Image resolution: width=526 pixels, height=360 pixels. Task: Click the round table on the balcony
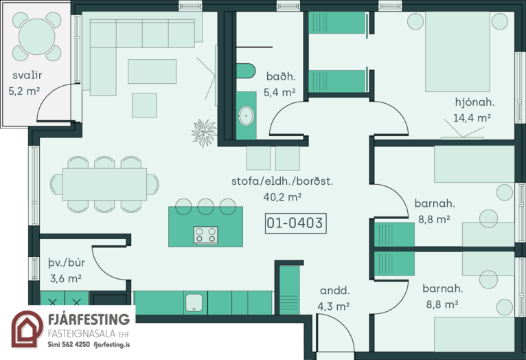point(37,36)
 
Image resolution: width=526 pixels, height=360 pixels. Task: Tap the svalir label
point(27,75)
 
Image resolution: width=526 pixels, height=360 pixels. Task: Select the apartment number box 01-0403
point(295,223)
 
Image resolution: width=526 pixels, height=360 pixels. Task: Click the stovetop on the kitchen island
point(205,235)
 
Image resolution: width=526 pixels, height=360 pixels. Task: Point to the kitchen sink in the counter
point(194,302)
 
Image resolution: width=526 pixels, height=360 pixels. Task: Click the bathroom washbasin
point(247,115)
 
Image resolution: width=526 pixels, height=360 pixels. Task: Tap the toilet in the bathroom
point(246,71)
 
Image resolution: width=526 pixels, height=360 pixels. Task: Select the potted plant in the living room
point(204,133)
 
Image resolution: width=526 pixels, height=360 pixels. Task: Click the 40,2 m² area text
point(282,197)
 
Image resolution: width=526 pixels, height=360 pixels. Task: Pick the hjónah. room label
point(474,102)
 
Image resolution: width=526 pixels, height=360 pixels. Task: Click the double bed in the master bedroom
point(457,52)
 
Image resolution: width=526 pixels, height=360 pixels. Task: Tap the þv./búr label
point(67,262)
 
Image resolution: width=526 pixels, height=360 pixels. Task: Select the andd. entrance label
point(335,291)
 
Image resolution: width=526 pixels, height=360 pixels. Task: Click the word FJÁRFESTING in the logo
point(89,319)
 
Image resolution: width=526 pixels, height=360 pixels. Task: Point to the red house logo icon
point(27,329)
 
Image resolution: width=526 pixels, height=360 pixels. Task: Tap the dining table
point(104,184)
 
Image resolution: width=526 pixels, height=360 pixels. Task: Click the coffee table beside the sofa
point(152,71)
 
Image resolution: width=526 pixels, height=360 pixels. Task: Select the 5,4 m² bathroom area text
point(279,93)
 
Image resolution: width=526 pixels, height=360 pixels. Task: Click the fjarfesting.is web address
point(112,345)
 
